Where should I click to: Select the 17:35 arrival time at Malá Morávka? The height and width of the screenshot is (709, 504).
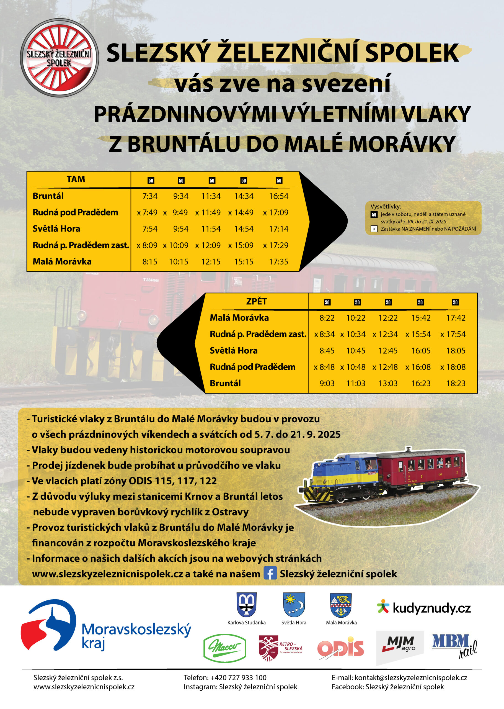(x=278, y=261)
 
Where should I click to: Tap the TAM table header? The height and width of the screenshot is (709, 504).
(x=76, y=179)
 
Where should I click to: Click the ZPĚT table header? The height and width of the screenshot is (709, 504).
(x=256, y=301)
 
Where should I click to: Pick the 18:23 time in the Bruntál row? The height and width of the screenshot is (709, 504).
(x=456, y=383)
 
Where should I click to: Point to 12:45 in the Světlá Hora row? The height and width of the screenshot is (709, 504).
(x=388, y=351)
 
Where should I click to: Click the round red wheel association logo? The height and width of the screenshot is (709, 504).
(x=59, y=58)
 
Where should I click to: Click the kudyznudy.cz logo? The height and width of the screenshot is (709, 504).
(x=424, y=608)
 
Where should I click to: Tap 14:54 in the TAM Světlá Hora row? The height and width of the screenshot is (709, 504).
(x=244, y=229)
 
